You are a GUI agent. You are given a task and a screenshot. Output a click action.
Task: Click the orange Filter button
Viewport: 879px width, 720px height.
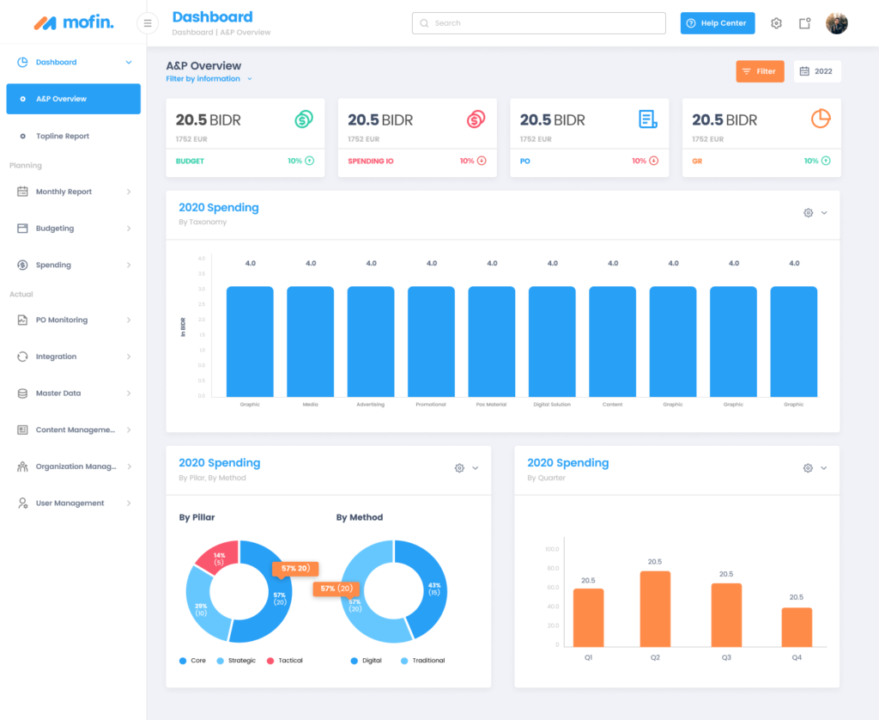point(760,71)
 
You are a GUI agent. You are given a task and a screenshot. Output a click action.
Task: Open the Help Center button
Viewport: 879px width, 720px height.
point(718,23)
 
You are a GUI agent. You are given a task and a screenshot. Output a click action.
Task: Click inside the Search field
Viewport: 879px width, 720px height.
point(538,23)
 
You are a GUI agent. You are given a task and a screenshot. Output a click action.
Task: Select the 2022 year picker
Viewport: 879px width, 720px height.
point(816,71)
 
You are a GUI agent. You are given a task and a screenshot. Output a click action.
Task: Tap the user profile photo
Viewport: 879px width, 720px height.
point(836,23)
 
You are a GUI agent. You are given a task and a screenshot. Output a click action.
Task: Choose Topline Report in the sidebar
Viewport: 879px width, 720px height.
point(62,136)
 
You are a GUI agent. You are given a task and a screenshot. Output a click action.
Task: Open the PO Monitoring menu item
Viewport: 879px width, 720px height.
point(62,320)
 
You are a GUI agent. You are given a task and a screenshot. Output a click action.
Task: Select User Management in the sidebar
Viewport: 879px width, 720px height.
point(70,503)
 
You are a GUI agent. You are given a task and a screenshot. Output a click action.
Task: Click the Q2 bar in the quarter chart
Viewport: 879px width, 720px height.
point(655,608)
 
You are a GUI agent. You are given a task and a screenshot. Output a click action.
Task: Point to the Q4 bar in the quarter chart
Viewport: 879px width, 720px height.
point(797,626)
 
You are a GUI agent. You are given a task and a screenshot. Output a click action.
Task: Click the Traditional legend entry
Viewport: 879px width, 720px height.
point(426,660)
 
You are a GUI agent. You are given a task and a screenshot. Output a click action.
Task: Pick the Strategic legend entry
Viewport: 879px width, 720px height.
point(241,660)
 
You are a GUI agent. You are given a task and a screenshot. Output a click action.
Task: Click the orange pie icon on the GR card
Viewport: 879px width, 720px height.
point(821,119)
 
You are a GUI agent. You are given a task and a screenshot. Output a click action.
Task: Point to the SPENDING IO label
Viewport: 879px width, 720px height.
point(371,161)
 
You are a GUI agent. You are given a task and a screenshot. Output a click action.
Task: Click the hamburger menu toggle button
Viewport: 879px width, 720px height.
point(148,23)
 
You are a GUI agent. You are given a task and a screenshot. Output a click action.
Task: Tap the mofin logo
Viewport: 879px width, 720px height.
point(73,22)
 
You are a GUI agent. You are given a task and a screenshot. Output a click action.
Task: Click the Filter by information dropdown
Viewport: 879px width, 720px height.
point(209,79)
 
